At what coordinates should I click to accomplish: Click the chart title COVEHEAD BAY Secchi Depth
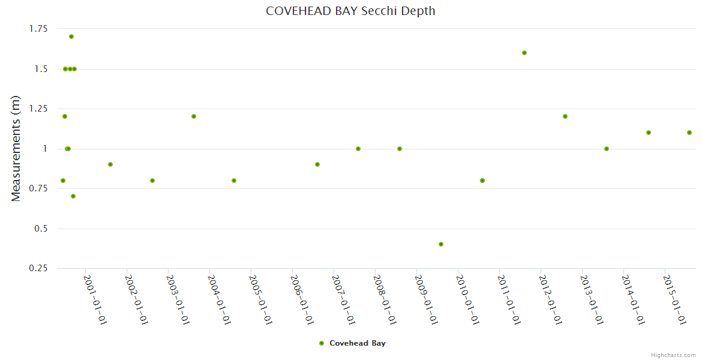click(350, 11)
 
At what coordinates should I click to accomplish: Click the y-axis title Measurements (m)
click(16, 148)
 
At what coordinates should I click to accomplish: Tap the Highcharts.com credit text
click(673, 355)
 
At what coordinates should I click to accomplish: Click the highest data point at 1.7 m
click(71, 37)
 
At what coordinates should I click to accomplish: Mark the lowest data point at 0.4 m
click(441, 244)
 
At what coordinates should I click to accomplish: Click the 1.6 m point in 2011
click(524, 53)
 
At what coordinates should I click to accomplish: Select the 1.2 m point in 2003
click(194, 116)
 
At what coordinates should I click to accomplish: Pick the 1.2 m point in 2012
click(565, 116)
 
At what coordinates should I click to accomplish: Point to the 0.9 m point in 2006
click(317, 164)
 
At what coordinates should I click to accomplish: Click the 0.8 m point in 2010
click(482, 181)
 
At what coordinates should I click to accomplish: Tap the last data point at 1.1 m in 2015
click(689, 133)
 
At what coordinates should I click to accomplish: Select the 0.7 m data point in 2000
click(73, 196)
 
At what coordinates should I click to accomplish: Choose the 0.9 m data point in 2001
click(110, 164)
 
